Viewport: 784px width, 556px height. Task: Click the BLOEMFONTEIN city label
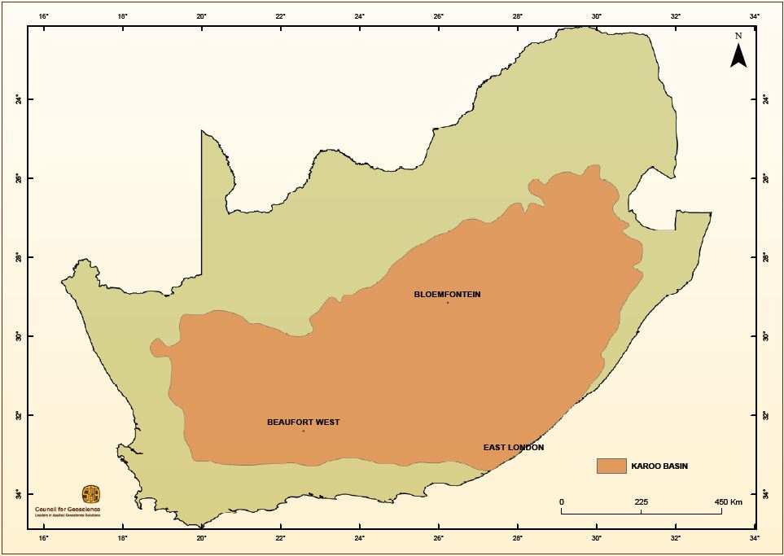(447, 294)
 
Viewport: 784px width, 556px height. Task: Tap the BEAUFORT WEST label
(303, 422)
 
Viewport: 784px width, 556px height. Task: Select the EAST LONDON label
(513, 448)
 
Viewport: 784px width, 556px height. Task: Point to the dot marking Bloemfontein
(448, 303)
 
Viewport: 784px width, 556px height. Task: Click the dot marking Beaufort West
(304, 431)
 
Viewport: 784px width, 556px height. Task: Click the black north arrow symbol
(738, 55)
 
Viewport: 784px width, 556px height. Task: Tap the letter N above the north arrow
(738, 36)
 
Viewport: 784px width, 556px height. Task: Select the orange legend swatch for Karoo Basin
(611, 466)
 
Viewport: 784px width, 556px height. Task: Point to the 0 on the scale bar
(562, 502)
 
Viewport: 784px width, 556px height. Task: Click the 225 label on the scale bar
(642, 502)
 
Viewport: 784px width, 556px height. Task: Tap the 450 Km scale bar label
(728, 502)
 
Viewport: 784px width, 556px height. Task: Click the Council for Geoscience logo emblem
(91, 494)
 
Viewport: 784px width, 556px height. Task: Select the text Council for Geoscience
(68, 509)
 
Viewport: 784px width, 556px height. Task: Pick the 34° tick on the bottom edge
(755, 537)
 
